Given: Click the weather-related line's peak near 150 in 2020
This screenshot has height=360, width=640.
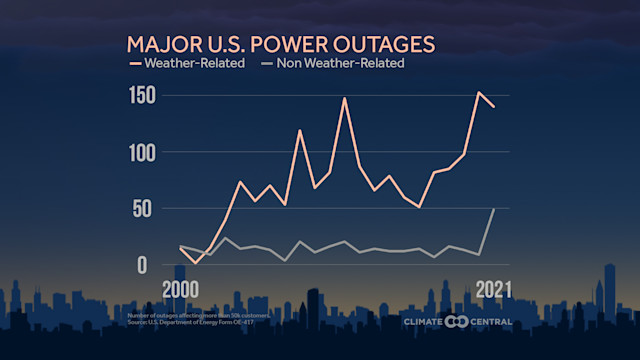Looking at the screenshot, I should pos(479,93).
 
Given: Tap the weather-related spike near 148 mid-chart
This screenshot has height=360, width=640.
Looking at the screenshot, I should pos(344,98).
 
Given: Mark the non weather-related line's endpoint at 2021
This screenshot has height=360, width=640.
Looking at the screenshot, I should pos(494,209).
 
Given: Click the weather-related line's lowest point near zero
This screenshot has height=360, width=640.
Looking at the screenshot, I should pos(196,263).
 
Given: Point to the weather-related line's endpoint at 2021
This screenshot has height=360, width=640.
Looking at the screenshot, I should pos(494,106).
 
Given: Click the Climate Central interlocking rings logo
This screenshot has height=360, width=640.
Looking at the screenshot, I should pos(457,321).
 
